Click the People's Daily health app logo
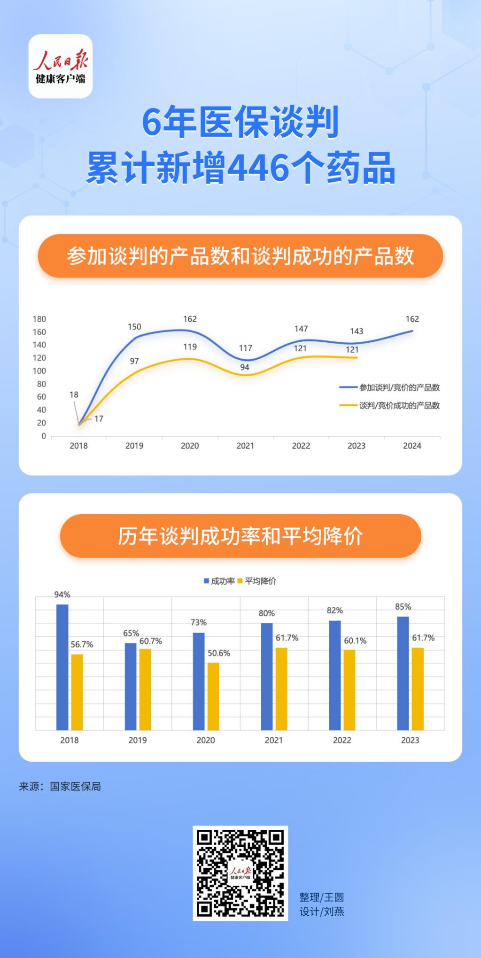tap(61, 66)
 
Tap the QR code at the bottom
tap(240, 873)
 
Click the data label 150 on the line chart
tap(134, 327)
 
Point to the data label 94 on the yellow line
tap(245, 367)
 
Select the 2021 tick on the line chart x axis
tap(245, 446)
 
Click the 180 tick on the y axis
tap(39, 319)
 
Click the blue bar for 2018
tap(62, 667)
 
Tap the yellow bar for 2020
tap(213, 696)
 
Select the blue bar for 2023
tap(403, 673)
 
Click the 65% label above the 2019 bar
tap(131, 634)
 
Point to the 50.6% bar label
tap(219, 653)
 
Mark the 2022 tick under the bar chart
tap(342, 740)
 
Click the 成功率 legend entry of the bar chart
tap(219, 581)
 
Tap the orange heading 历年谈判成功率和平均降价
tap(240, 536)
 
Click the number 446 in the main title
tap(258, 168)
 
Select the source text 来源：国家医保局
tap(60, 787)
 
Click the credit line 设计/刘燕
tap(322, 912)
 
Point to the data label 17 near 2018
tap(99, 418)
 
